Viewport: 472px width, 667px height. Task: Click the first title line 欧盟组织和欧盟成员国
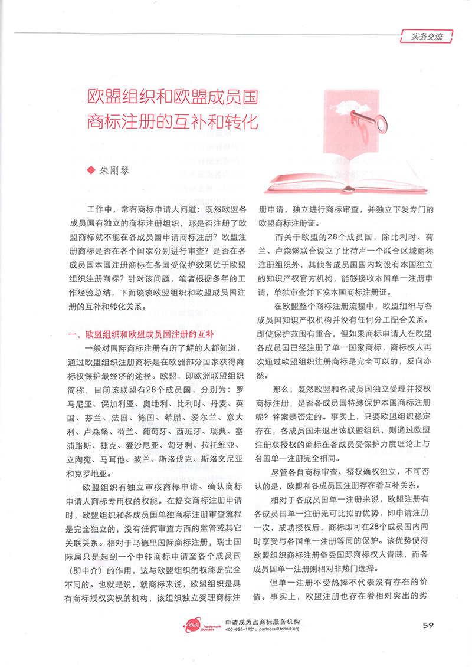(x=172, y=96)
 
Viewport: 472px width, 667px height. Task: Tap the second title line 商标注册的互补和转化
(x=172, y=123)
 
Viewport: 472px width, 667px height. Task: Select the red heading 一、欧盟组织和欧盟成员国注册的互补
(x=141, y=334)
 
